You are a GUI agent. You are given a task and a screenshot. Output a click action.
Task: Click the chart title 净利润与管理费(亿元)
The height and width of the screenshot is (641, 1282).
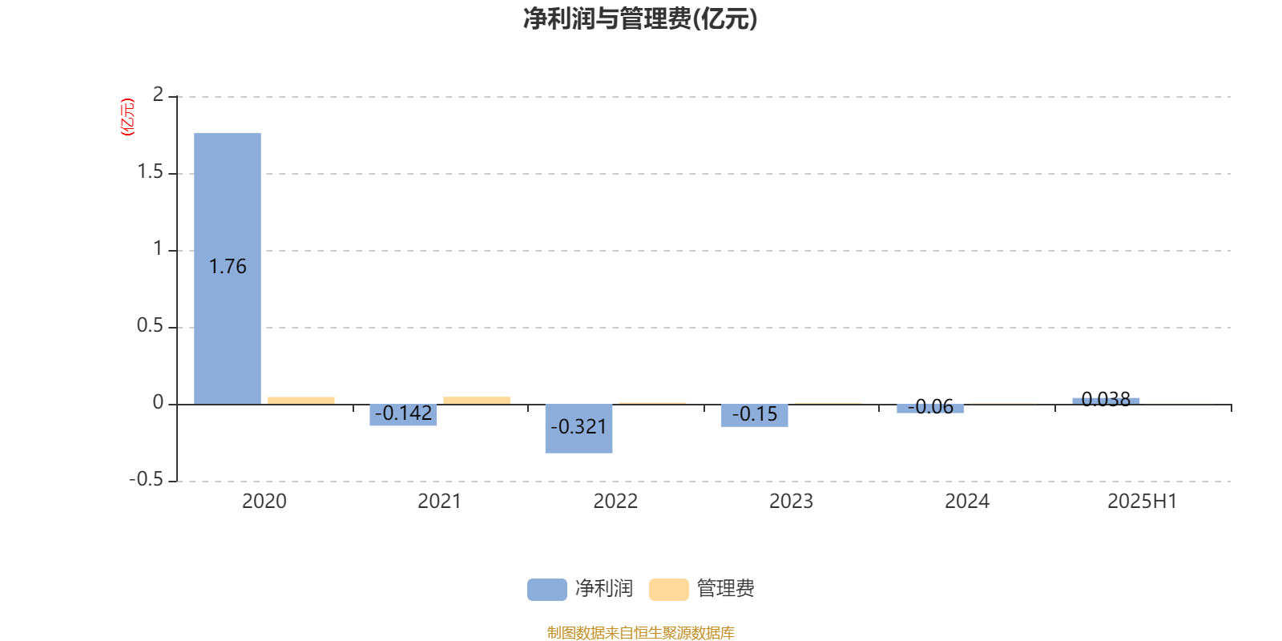pyautogui.click(x=640, y=19)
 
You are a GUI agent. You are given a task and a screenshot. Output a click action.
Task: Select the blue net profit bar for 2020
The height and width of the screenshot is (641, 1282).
pyautogui.click(x=228, y=268)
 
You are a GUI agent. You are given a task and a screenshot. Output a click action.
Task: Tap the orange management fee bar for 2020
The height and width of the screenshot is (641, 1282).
pyautogui.click(x=301, y=401)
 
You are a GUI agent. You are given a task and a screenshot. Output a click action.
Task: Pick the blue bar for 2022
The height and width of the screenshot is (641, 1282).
pyautogui.click(x=579, y=429)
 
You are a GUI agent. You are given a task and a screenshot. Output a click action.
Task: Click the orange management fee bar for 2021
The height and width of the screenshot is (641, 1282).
pyautogui.click(x=477, y=401)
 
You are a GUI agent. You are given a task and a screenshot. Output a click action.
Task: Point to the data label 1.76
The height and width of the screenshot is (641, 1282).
pyautogui.click(x=228, y=267)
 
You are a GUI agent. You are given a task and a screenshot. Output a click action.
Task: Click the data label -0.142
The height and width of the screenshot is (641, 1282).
pyautogui.click(x=404, y=413)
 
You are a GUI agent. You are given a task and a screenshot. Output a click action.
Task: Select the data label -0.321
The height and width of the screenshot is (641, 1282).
pyautogui.click(x=579, y=427)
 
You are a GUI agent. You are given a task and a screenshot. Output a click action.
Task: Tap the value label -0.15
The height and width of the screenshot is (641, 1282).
pyautogui.click(x=755, y=413)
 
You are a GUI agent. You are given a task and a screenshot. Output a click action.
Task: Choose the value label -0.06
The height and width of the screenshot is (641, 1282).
pyautogui.click(x=930, y=407)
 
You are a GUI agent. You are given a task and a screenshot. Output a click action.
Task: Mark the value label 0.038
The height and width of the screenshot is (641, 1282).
pyautogui.click(x=1106, y=400)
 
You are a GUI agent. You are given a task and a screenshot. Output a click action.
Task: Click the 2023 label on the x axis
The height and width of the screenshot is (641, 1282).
pyautogui.click(x=791, y=502)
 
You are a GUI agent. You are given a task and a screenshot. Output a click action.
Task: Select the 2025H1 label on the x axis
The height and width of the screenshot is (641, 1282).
pyautogui.click(x=1143, y=502)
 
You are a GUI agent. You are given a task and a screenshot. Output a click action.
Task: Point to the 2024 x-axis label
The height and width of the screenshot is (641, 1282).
pyautogui.click(x=966, y=502)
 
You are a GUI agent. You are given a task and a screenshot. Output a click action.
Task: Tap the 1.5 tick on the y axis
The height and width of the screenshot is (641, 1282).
pyautogui.click(x=150, y=171)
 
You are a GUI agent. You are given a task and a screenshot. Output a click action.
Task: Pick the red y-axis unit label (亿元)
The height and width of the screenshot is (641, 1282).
pyautogui.click(x=127, y=117)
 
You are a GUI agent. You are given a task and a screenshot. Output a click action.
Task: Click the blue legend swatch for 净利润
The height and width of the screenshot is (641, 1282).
pyautogui.click(x=547, y=590)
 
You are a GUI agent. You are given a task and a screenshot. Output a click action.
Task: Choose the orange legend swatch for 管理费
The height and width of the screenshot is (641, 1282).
pyautogui.click(x=668, y=590)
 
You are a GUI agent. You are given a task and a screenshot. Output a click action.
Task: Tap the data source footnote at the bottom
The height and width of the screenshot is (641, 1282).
pyautogui.click(x=640, y=632)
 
